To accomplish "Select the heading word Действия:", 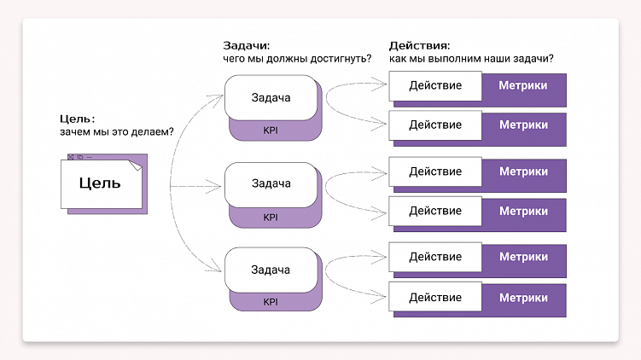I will (420, 45).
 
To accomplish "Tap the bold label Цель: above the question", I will (77, 119).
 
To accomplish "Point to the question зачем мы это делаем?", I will (117, 132).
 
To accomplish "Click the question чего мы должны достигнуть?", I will (297, 59).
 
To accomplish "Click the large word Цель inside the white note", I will (100, 183).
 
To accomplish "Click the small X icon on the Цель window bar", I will (71, 157).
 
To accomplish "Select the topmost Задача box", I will (271, 97).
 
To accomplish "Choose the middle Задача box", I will (271, 183).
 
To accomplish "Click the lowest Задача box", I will (271, 270).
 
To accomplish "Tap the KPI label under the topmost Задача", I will (271, 130).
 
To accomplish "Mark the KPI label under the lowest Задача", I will (271, 301).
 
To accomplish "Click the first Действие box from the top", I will (435, 85).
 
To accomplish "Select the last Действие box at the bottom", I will (435, 297).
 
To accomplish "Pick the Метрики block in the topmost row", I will (524, 85).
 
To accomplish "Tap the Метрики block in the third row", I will (524, 171).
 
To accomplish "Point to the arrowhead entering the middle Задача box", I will (219, 183).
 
